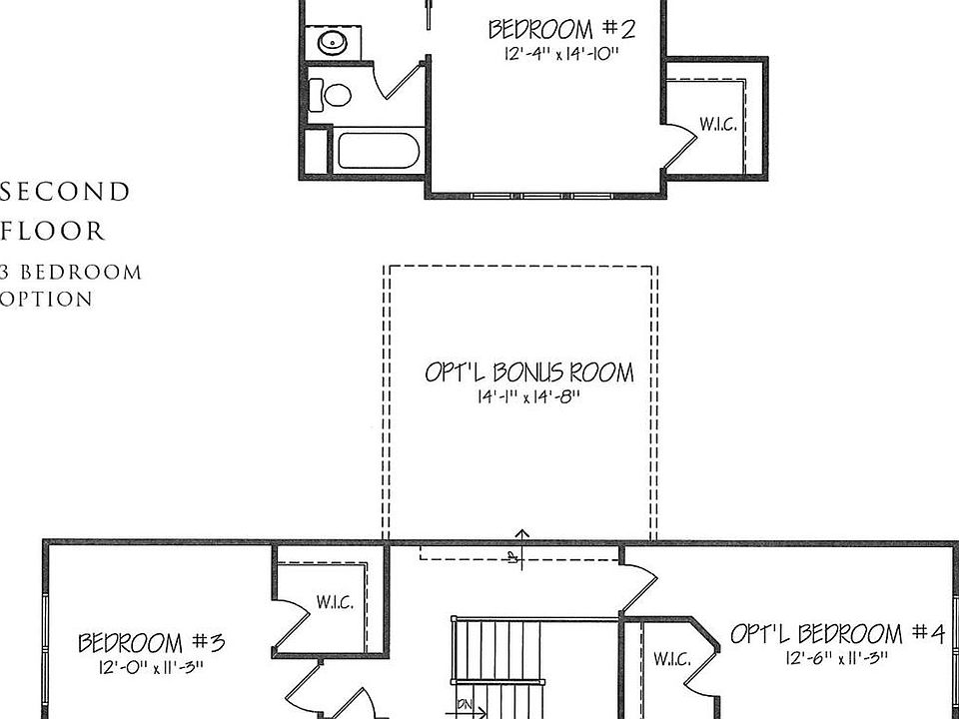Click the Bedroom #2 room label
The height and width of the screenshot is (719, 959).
(x=560, y=27)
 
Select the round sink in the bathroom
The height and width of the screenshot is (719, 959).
(x=331, y=42)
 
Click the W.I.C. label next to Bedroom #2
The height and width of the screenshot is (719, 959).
(x=717, y=125)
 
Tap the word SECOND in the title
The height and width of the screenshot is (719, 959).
(x=66, y=192)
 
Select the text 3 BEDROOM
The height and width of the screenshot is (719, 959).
(x=71, y=272)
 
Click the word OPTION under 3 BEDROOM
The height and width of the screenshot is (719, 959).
(x=47, y=299)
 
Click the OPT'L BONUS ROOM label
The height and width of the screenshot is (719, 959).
(x=528, y=372)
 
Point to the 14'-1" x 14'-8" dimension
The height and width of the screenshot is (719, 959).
(x=527, y=397)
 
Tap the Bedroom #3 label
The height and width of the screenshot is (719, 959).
(x=151, y=641)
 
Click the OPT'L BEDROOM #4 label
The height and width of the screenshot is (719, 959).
(x=836, y=633)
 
